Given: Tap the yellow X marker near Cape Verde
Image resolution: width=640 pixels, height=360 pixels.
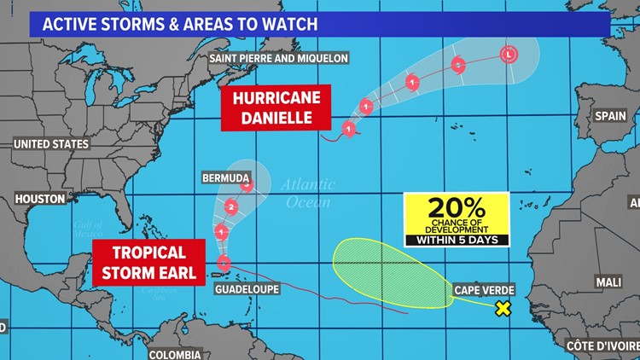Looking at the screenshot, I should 503,309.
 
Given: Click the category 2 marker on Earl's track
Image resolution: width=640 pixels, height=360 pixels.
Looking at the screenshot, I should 231,206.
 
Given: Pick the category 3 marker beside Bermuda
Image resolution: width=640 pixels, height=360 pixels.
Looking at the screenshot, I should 247,183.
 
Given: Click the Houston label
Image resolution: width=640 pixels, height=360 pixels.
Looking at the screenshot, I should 40,198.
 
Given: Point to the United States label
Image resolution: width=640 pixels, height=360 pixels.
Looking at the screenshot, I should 51,144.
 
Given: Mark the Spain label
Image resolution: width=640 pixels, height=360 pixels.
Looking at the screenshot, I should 610,115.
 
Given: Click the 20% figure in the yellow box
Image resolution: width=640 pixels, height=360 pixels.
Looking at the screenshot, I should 457,206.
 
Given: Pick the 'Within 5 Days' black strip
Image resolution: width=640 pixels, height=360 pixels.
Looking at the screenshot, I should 457,240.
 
